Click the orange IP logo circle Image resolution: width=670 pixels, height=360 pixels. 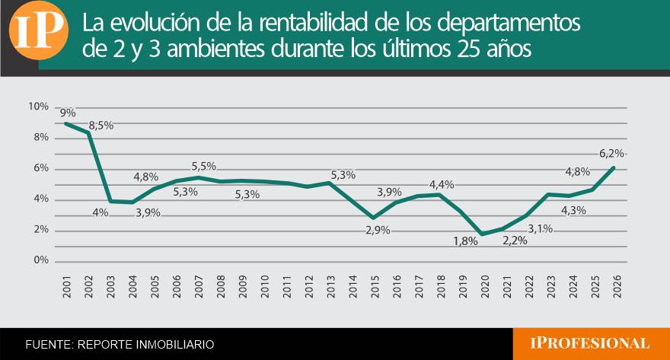click(x=39, y=30)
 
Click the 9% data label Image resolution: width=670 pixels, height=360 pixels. click(x=68, y=113)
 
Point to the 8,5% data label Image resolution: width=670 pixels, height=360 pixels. click(x=100, y=126)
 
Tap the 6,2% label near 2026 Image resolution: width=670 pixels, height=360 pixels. click(x=611, y=153)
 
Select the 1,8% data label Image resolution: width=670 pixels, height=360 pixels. click(x=465, y=241)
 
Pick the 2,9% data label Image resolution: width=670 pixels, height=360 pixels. click(x=378, y=231)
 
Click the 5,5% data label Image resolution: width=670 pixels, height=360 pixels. click(x=203, y=166)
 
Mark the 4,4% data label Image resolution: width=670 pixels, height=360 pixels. click(x=442, y=185)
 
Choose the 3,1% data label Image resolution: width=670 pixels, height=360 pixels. click(x=540, y=229)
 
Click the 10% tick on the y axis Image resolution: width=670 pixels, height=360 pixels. click(x=39, y=107)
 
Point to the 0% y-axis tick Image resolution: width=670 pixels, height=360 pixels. click(x=41, y=260)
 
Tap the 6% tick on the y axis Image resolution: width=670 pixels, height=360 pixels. click(x=41, y=168)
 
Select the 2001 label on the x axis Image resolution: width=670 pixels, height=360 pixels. click(x=67, y=286)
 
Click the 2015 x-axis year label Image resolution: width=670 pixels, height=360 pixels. click(x=375, y=286)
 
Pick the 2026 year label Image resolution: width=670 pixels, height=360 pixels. click(x=617, y=286)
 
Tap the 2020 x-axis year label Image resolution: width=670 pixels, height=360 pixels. click(x=485, y=286)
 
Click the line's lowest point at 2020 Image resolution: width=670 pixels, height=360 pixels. click(x=483, y=234)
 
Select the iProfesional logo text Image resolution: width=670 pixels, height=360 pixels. click(x=589, y=343)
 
